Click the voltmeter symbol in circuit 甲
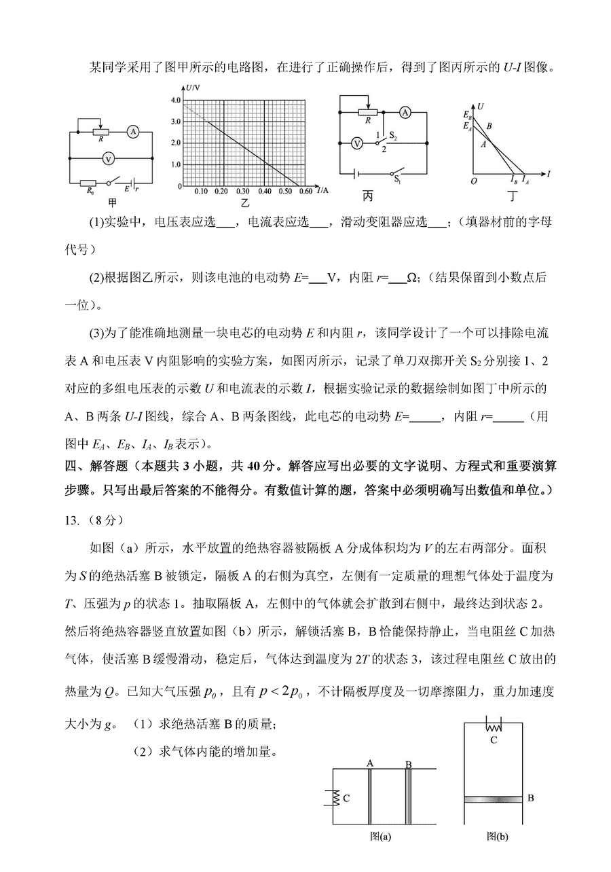tap(107, 158)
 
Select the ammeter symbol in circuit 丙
tap(405, 111)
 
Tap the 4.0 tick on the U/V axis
tap(174, 100)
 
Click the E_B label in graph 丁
tap(467, 115)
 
